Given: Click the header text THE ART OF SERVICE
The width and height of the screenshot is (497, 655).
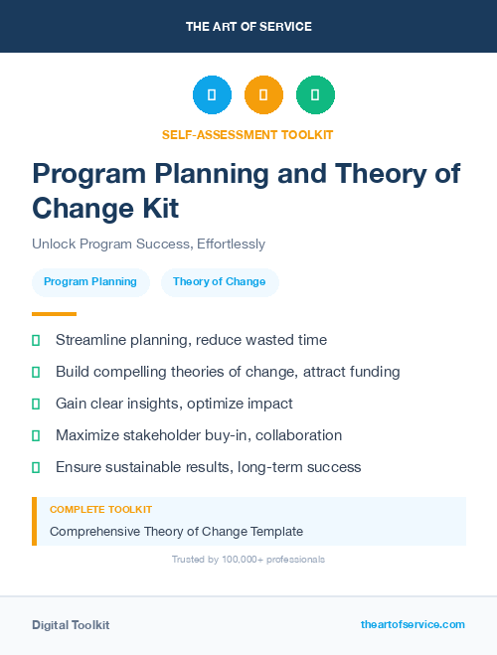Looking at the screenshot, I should click(x=248, y=27).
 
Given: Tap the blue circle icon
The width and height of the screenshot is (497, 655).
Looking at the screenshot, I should click(x=212, y=95).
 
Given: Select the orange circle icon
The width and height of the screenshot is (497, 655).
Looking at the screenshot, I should click(x=263, y=95).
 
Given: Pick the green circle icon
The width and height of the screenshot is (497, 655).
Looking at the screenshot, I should click(x=315, y=95).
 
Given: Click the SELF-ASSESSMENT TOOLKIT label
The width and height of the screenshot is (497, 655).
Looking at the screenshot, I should click(x=248, y=134).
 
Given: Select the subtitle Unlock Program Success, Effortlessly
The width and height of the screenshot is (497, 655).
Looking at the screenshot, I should click(x=148, y=244).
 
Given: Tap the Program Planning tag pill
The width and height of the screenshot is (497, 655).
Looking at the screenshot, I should click(x=90, y=282).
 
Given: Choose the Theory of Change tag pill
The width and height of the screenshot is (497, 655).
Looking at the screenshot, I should click(x=220, y=282).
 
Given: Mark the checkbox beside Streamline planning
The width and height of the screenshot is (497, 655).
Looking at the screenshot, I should click(x=36, y=341).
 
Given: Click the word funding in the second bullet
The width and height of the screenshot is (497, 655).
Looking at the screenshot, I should click(x=373, y=372).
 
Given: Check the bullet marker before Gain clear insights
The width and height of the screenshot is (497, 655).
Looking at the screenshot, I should click(x=36, y=405).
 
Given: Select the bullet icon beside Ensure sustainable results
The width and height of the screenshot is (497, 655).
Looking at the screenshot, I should click(x=36, y=467).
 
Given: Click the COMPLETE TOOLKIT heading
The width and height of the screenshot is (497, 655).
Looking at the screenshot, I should click(x=100, y=509).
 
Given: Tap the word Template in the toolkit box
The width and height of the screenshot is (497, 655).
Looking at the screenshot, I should click(x=276, y=532).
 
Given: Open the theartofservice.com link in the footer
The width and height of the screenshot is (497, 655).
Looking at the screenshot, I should click(x=413, y=624).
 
